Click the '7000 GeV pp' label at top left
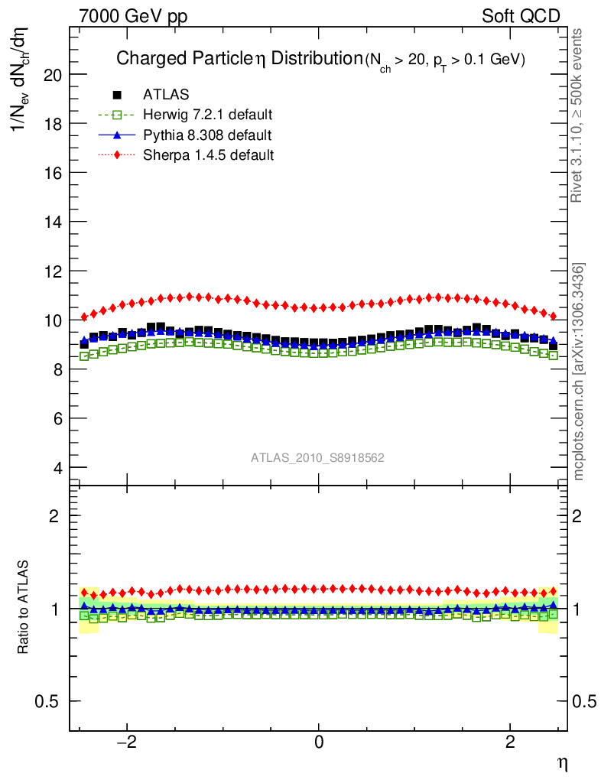tap(133, 16)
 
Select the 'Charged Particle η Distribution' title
tap(238, 59)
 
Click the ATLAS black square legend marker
tap(117, 95)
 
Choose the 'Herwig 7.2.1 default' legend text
tap(208, 115)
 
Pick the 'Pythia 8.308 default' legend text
tap(207, 135)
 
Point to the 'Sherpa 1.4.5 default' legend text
tap(208, 155)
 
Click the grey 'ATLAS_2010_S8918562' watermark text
tap(317, 458)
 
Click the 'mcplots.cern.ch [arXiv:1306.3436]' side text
tap(579, 372)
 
